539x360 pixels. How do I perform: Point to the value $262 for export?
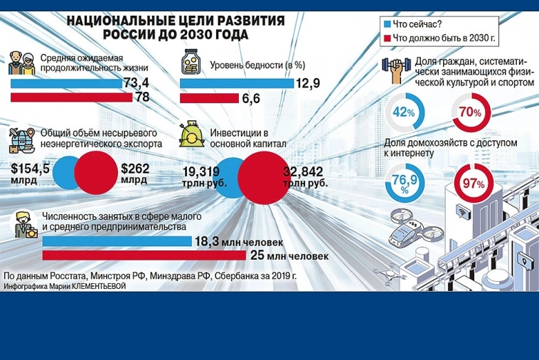point(136,169)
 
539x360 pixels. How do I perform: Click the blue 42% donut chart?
point(405,112)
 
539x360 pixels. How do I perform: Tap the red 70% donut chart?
point(470,112)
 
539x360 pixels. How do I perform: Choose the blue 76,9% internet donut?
point(403,184)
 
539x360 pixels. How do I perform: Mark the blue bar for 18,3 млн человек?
point(117,241)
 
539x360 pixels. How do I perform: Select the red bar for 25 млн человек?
point(143,255)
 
